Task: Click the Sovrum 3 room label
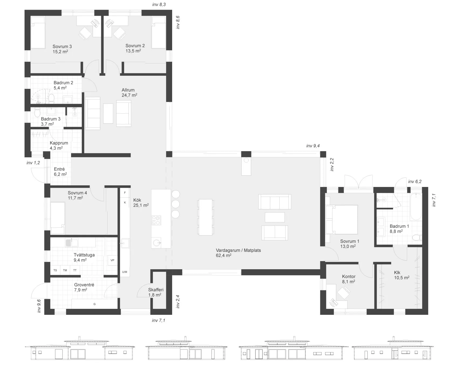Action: [62, 49]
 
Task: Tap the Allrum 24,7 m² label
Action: [129, 93]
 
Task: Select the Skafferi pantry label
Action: [156, 292]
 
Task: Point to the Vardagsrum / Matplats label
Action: [238, 253]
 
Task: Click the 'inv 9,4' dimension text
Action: [313, 146]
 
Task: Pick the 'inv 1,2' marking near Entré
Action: [33, 163]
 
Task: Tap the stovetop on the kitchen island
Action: [156, 220]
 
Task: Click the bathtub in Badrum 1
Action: [416, 207]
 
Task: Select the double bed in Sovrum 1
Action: [341, 219]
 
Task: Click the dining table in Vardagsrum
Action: [206, 217]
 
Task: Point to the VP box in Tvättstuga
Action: [112, 260]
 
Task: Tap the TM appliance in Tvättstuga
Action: [65, 270]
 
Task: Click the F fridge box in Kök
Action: [125, 193]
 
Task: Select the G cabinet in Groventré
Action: [95, 304]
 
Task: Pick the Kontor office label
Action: [349, 279]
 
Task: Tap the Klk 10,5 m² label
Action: [402, 275]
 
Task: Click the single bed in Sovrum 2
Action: [158, 32]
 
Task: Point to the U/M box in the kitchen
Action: [124, 272]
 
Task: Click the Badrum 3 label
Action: [51, 121]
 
